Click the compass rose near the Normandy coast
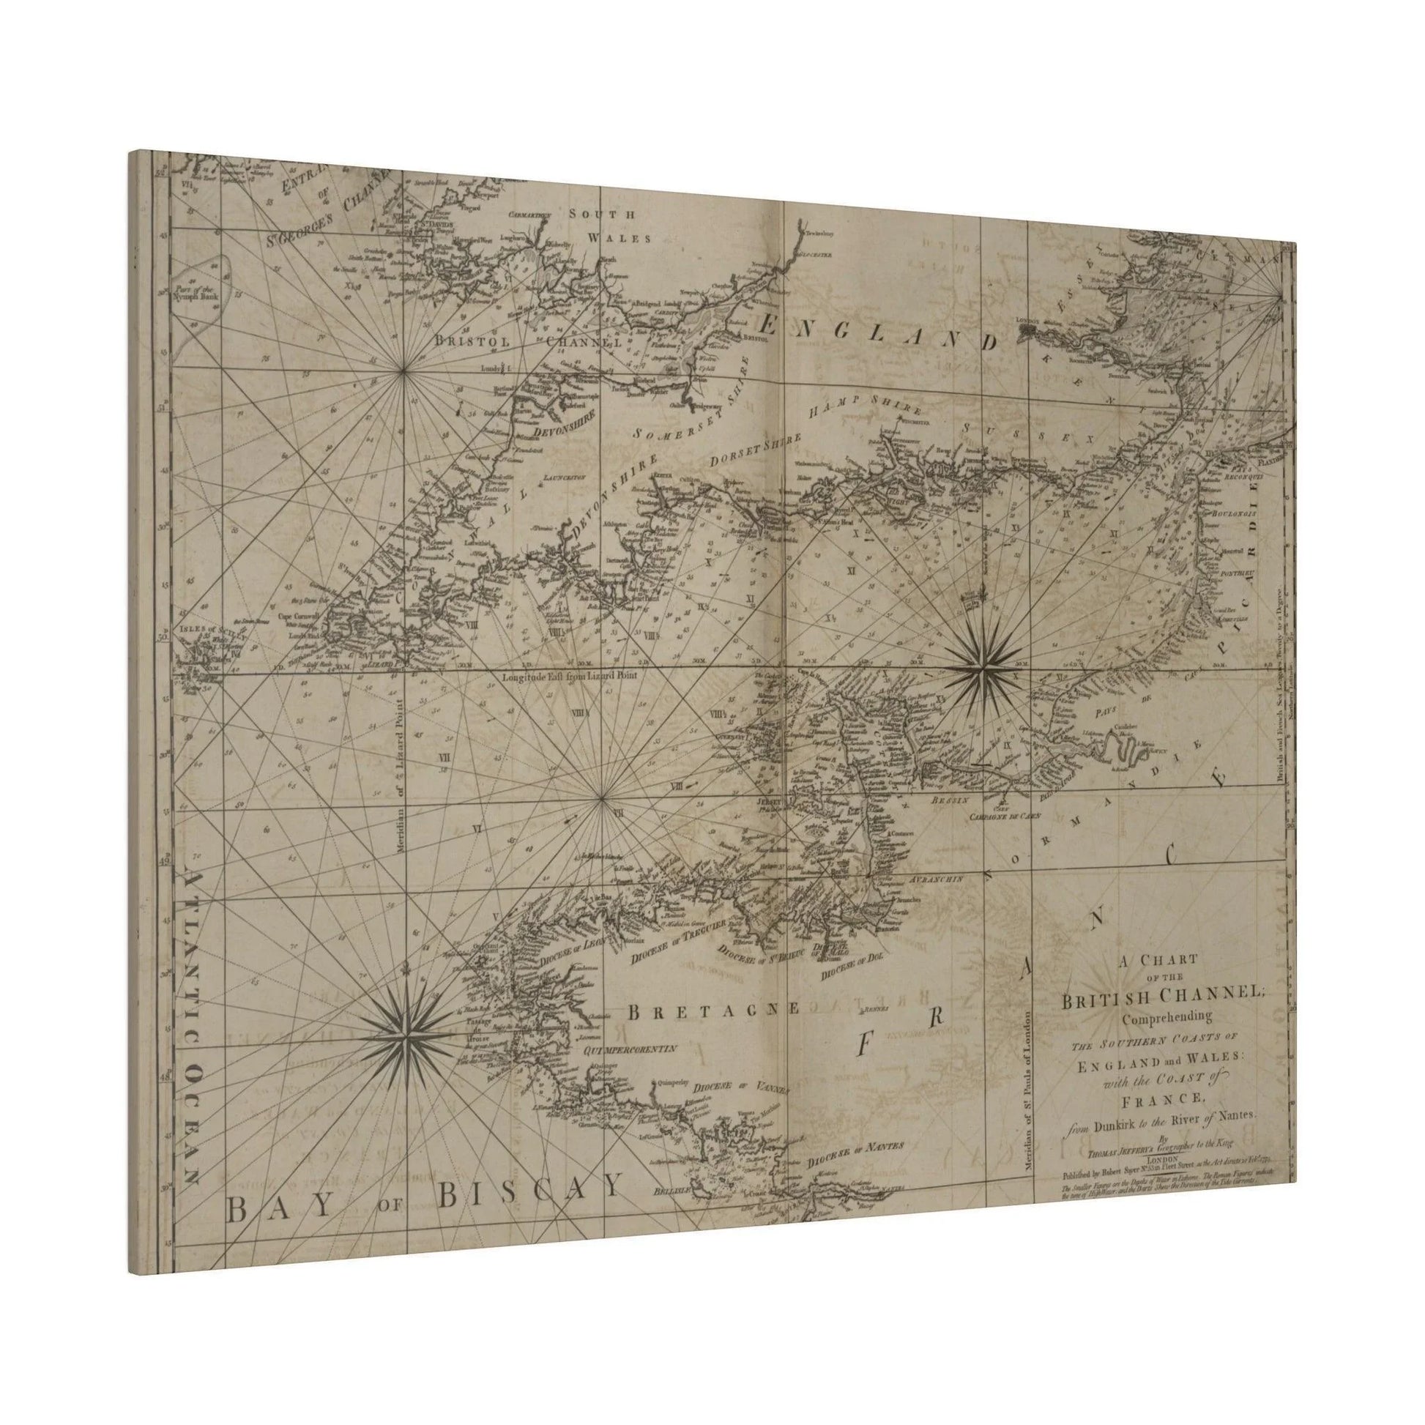click(x=982, y=669)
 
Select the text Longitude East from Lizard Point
click(x=568, y=675)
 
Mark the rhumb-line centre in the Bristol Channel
click(x=403, y=374)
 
